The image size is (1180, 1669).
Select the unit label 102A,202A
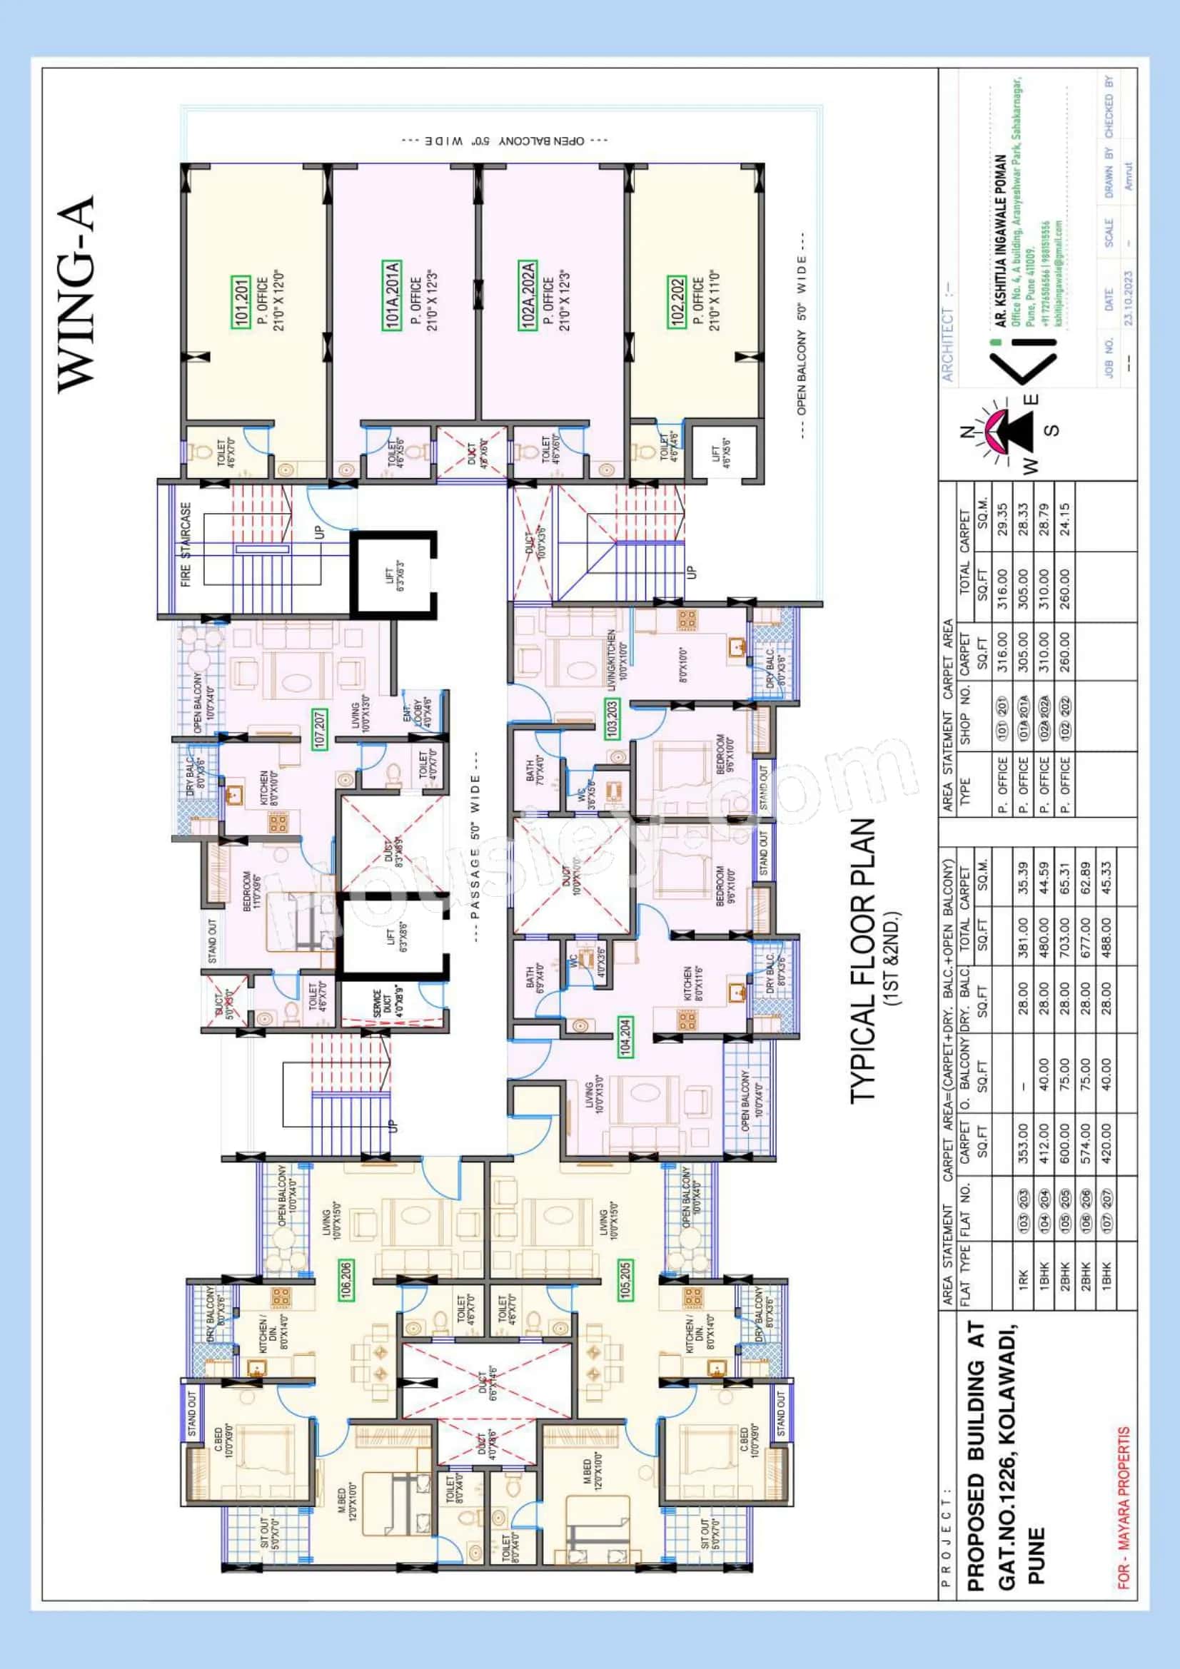click(x=528, y=296)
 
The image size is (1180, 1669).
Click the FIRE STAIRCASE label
click(x=186, y=545)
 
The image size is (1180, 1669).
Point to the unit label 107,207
click(x=319, y=728)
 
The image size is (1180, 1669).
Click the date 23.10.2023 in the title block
click(x=1129, y=298)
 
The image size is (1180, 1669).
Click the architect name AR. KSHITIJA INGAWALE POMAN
click(x=1001, y=240)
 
